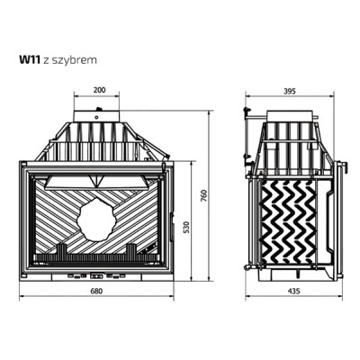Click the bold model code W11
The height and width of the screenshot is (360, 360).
30,60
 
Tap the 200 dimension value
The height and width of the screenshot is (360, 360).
99,90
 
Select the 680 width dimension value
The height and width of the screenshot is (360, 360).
96,291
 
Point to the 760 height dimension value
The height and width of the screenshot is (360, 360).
204,195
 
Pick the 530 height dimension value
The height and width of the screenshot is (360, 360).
187,228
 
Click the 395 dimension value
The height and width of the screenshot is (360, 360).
290,91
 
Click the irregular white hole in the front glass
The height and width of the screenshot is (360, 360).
95,220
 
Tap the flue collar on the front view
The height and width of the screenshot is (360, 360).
97,115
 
